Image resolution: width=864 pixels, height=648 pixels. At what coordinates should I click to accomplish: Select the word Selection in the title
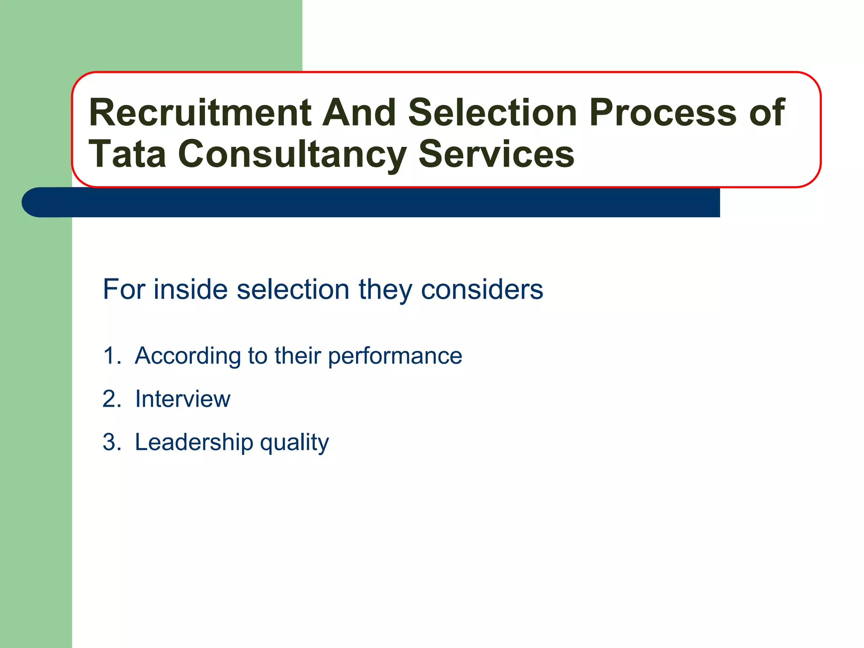click(x=492, y=113)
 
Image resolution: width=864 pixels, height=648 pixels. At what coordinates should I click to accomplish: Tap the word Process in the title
click(x=665, y=113)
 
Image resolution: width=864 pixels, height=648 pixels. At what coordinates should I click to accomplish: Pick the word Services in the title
click(x=496, y=154)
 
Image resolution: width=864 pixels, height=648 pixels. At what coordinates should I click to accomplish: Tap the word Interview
click(x=183, y=399)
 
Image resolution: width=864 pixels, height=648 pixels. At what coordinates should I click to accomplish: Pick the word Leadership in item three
click(x=194, y=443)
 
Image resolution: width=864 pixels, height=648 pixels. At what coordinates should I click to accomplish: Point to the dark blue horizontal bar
click(x=380, y=203)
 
